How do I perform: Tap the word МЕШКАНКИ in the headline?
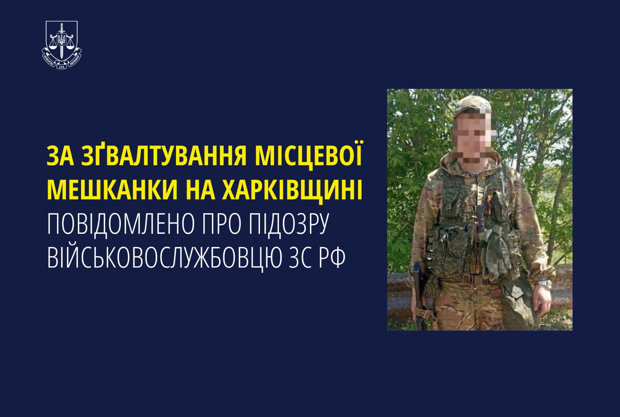[112, 190]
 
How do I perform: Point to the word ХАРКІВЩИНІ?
[292, 190]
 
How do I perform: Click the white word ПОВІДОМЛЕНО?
[120, 225]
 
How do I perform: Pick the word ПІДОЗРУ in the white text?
[288, 225]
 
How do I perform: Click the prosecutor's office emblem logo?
[62, 45]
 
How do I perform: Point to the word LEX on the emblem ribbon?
[62, 67]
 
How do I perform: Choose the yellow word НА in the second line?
[200, 190]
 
